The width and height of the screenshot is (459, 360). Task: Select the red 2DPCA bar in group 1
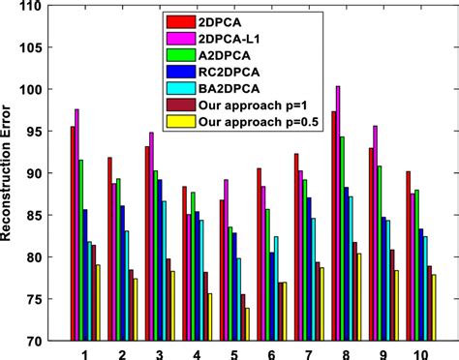[72, 233]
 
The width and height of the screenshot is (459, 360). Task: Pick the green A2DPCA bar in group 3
[156, 255]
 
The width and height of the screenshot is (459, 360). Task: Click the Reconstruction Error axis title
[12, 174]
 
